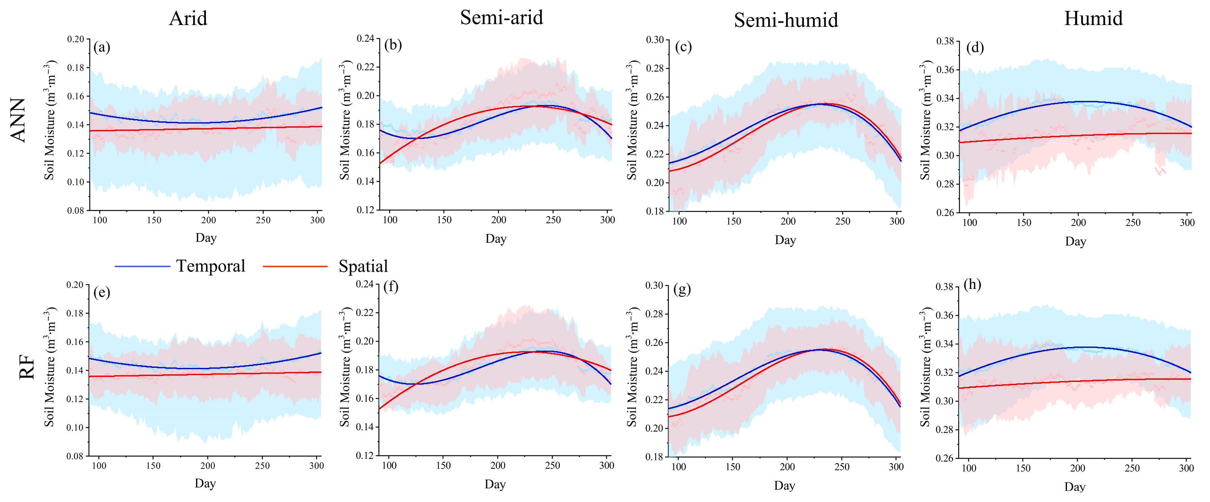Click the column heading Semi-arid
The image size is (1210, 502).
501,18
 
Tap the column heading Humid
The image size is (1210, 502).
1093,19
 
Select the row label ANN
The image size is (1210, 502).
18,120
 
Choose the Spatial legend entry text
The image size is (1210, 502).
363,267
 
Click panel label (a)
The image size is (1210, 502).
102,47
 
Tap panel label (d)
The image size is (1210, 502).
975,48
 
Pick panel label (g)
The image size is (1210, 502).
682,289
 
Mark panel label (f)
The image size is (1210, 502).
391,286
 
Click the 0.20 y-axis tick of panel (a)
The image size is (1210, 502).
76,39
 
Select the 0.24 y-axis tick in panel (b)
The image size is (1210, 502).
365,39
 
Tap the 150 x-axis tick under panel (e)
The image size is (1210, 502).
153,466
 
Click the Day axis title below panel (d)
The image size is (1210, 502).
1075,241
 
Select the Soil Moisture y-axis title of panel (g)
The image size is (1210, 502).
632,367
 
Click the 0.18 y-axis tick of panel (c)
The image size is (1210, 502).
655,211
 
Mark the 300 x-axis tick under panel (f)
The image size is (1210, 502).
607,465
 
